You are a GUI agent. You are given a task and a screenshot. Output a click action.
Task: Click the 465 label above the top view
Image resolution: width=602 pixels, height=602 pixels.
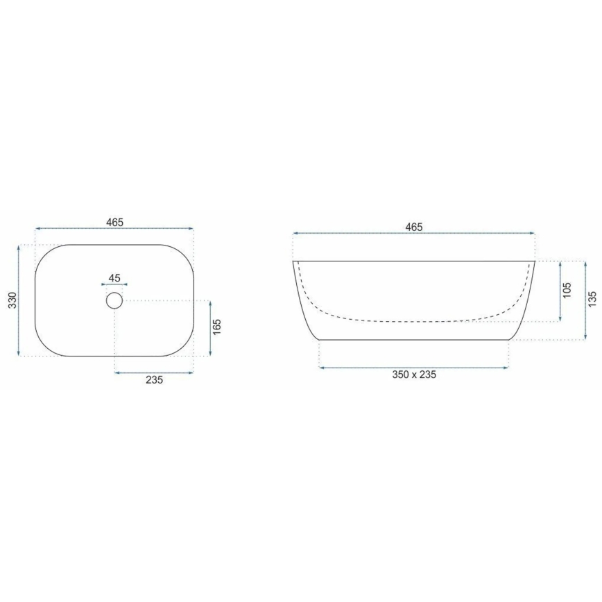point(114,222)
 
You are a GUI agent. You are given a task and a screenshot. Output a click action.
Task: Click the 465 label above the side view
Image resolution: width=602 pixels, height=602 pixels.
point(414,227)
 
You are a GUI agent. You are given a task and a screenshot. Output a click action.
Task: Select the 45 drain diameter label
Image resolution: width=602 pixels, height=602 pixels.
point(114,278)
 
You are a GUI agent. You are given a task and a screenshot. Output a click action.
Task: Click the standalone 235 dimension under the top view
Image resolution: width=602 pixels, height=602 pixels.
point(153,379)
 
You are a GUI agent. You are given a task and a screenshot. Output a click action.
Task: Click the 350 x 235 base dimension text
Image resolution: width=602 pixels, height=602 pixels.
point(414,375)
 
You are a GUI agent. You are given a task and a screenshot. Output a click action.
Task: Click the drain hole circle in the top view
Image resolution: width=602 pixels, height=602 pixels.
point(114,300)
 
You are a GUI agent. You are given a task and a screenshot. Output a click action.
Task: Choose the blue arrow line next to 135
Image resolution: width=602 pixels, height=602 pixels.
point(584,300)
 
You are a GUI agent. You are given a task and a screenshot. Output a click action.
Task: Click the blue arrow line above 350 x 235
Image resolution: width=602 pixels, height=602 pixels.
point(414,366)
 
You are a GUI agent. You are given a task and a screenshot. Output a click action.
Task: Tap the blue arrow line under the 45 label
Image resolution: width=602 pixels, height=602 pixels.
point(114,284)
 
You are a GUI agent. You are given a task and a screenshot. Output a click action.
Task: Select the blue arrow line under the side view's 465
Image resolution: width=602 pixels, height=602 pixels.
point(414,234)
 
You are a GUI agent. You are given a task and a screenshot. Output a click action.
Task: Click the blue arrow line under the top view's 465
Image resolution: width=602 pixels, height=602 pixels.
point(114,228)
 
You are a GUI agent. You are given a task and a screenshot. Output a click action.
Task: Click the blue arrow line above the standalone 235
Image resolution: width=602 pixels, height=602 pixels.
point(153,372)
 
